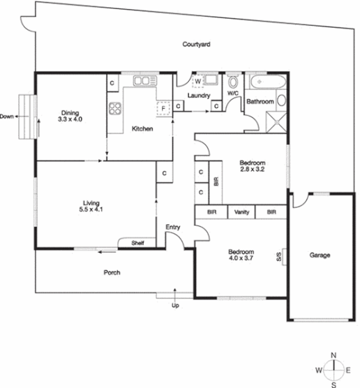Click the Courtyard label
pos(197,44)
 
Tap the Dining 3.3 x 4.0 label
pos(70,116)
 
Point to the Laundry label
pos(200,96)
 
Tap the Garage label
pos(320,255)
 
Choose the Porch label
pos(112,272)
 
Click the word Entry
pos(173,227)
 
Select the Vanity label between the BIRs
pos(242,212)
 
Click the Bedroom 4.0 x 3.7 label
pos(240,255)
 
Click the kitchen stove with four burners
pos(115,109)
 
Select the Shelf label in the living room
pos(138,243)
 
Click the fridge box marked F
pos(163,108)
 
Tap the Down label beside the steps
pos(8,116)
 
